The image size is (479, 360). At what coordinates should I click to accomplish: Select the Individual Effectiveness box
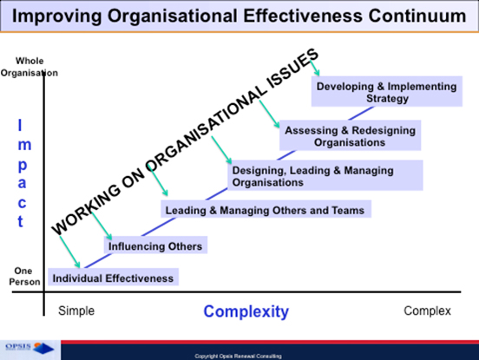(x=113, y=278)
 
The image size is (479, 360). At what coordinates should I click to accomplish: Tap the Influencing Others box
(x=154, y=246)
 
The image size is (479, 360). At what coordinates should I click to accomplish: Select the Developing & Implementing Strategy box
(x=386, y=92)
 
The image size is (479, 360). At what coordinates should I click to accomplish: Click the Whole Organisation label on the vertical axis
(x=30, y=67)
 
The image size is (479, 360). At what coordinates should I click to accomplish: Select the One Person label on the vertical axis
(x=25, y=276)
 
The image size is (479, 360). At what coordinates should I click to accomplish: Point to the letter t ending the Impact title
(x=23, y=222)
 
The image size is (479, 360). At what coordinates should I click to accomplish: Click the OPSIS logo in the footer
(x=30, y=348)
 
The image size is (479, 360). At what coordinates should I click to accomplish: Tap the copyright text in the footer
(x=238, y=356)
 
